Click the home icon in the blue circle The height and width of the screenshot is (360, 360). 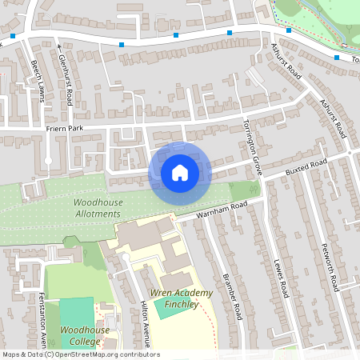click(x=179, y=172)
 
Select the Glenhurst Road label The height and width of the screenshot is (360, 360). click(x=66, y=77)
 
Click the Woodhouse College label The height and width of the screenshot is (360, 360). click(x=80, y=335)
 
